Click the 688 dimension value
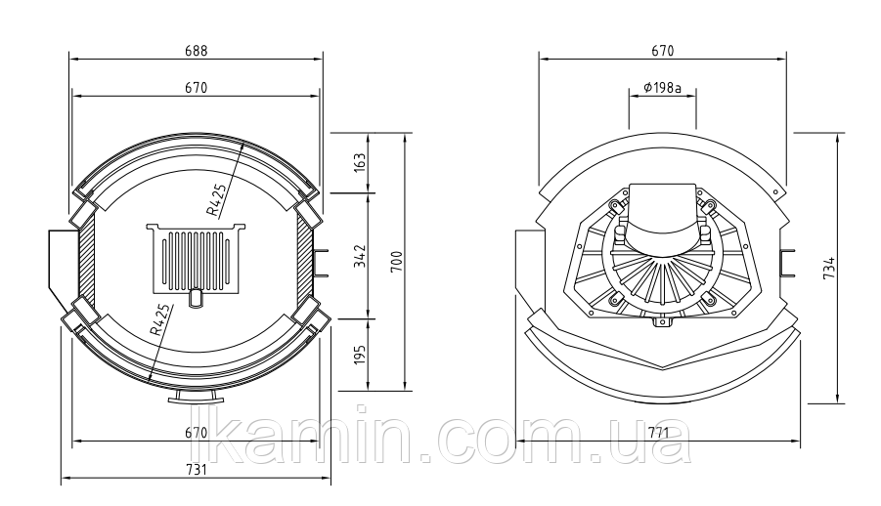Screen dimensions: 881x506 tap(197, 51)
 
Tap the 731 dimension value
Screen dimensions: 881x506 tap(197, 469)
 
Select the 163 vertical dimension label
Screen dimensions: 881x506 tap(360, 162)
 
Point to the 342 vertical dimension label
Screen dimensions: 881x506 tap(360, 256)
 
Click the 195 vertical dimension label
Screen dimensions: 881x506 tap(360, 354)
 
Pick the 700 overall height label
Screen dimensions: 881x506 tap(397, 262)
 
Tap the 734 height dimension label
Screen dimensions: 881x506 tap(829, 268)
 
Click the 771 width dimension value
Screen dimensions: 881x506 tap(658, 433)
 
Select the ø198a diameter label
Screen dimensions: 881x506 tap(662, 88)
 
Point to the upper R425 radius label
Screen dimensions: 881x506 tap(217, 200)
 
